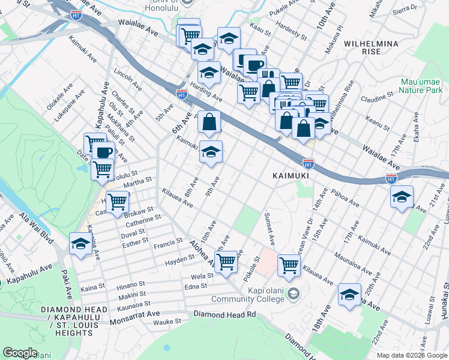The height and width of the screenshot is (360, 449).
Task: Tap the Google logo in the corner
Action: coord(20,353)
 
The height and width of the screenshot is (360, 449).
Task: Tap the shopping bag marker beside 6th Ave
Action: coord(209,122)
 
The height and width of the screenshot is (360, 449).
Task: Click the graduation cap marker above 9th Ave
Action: coord(211,152)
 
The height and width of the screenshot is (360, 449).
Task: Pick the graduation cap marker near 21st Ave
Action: coord(402,197)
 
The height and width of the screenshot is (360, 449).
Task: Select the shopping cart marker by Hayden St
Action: coord(226,261)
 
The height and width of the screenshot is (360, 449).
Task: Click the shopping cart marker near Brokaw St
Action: coord(116,202)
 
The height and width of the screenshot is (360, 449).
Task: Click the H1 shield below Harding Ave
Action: coord(181,94)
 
